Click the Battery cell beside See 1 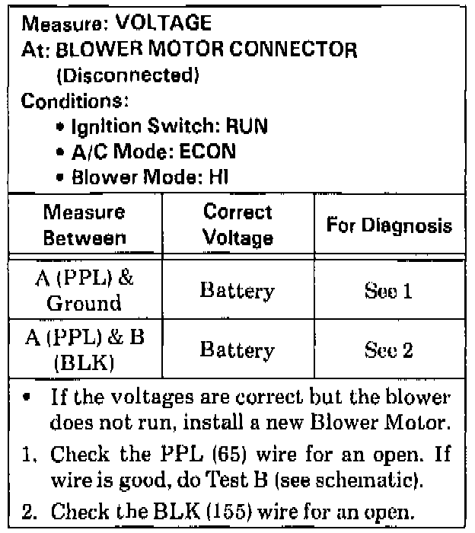click(238, 291)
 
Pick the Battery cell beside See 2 click(238, 350)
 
